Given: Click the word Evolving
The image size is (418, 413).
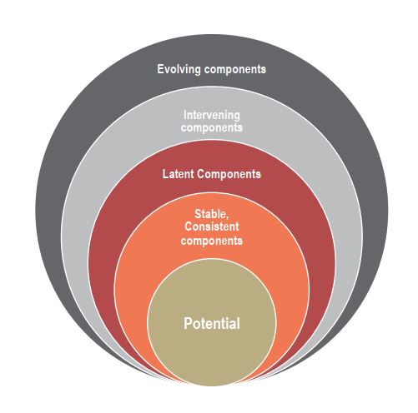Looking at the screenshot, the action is click(x=179, y=69).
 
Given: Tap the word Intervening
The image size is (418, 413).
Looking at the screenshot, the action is click(x=212, y=116).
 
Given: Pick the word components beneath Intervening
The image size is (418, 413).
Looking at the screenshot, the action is click(x=212, y=128).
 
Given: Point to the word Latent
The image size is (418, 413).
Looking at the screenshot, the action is click(x=178, y=174).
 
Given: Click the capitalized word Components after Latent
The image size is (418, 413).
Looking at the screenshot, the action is click(x=229, y=175).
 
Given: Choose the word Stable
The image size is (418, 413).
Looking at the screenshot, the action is click(x=210, y=214).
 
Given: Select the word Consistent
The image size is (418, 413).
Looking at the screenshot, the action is click(x=212, y=226).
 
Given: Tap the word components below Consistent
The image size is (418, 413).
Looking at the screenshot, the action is click(x=212, y=241).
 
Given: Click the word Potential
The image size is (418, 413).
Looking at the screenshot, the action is click(x=212, y=323).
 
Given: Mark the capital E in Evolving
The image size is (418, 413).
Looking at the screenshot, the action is click(x=160, y=69).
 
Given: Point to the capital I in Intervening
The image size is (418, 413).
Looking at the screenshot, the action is click(x=185, y=115).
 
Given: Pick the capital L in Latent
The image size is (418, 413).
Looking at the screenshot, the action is click(x=165, y=174).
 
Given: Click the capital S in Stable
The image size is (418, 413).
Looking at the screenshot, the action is click(x=198, y=214).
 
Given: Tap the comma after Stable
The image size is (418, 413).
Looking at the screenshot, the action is click(x=227, y=218).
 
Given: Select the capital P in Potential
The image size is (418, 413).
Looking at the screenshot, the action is click(x=188, y=323).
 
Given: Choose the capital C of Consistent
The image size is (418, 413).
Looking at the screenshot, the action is click(x=189, y=226).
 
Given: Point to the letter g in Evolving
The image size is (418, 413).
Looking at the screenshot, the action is click(x=197, y=71).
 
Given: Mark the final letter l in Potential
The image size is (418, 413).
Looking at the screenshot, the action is click(x=239, y=323).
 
